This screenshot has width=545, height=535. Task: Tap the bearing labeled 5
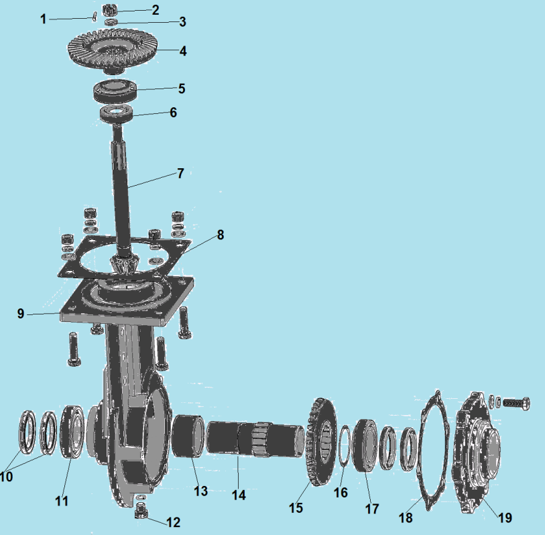point(115,91)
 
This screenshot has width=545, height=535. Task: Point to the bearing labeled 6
point(117,114)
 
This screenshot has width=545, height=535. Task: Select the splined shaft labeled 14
point(256,438)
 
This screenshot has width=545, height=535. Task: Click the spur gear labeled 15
point(321,442)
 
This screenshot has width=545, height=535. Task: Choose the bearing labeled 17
point(365,445)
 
